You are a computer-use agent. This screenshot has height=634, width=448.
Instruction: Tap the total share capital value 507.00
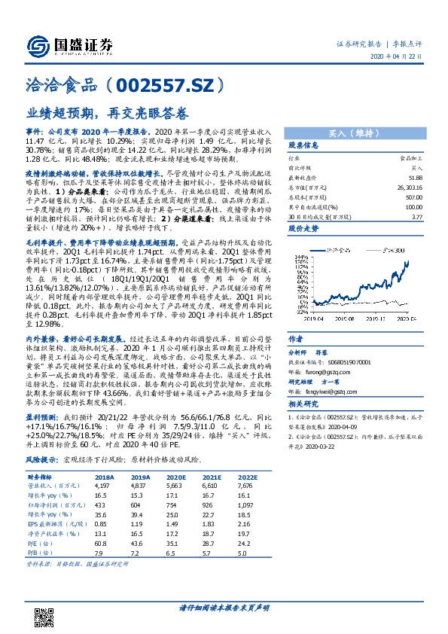[x=413, y=194]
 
